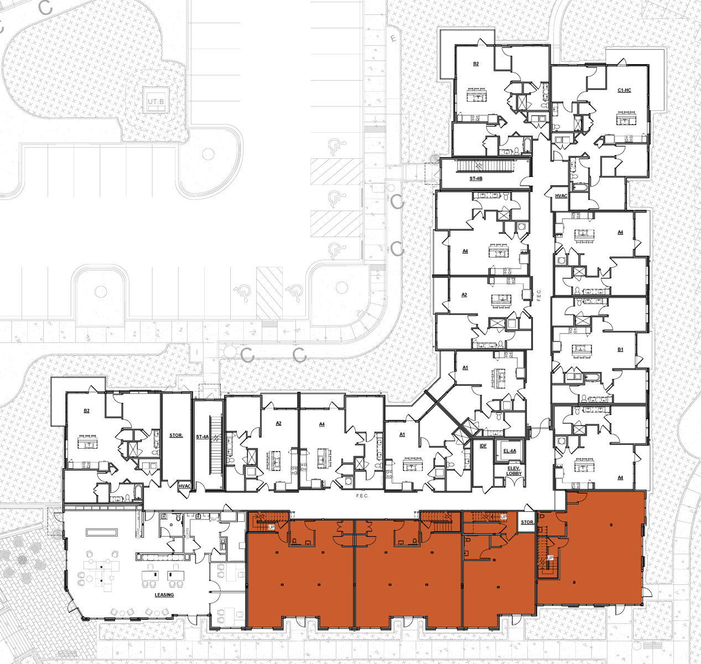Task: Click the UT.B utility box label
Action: coord(156,102)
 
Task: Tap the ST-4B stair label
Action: coord(476,179)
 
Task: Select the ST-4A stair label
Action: coord(202,437)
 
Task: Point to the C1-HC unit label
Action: coord(624,90)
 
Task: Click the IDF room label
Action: coord(483,446)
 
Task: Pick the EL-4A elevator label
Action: coord(510,451)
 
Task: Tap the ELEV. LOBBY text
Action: coord(514,471)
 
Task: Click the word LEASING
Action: coord(164,595)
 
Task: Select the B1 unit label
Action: coord(620,350)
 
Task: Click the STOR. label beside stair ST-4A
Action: coord(176,435)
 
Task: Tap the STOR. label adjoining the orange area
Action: coord(527,522)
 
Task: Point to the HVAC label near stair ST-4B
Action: coord(561,196)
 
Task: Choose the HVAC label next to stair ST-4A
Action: coord(184,486)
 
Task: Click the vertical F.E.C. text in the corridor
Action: coord(539,295)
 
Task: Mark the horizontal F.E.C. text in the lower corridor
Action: coord(362,496)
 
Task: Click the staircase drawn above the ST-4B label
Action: coord(477,165)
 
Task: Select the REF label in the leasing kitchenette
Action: coord(214,520)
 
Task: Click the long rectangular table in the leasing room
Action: coord(102,532)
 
